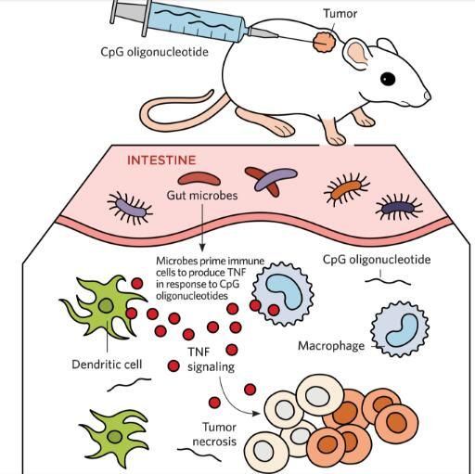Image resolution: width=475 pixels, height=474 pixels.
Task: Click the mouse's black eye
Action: [388, 79]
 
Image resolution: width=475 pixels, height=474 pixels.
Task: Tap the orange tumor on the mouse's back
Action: [324, 43]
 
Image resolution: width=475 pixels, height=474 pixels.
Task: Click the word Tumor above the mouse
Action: [340, 14]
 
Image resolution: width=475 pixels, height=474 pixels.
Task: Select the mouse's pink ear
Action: [357, 55]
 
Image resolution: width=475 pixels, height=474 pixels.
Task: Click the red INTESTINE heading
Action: [161, 160]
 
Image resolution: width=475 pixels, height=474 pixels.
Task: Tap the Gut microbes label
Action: [202, 196]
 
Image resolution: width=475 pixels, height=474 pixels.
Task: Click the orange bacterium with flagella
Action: [346, 189]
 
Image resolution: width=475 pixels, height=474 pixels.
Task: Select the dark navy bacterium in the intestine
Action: [398, 208]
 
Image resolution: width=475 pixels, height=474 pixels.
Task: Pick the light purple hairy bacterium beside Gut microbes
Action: [130, 208]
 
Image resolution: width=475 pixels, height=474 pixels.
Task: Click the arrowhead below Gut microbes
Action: [202, 248]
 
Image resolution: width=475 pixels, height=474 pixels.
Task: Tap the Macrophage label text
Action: [331, 346]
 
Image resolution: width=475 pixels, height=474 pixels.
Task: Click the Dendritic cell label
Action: [107, 365]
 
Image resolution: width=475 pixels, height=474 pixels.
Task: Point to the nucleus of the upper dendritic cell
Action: [106, 306]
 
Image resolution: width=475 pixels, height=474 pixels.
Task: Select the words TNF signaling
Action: [211, 359]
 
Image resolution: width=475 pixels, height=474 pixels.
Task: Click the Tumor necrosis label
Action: [214, 434]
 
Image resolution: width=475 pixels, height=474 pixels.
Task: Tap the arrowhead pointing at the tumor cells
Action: [256, 413]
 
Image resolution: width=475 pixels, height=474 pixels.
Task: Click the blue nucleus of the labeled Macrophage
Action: [402, 330]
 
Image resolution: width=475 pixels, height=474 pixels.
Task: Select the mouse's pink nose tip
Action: [428, 96]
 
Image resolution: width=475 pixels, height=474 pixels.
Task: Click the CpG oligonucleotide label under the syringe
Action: [154, 52]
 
